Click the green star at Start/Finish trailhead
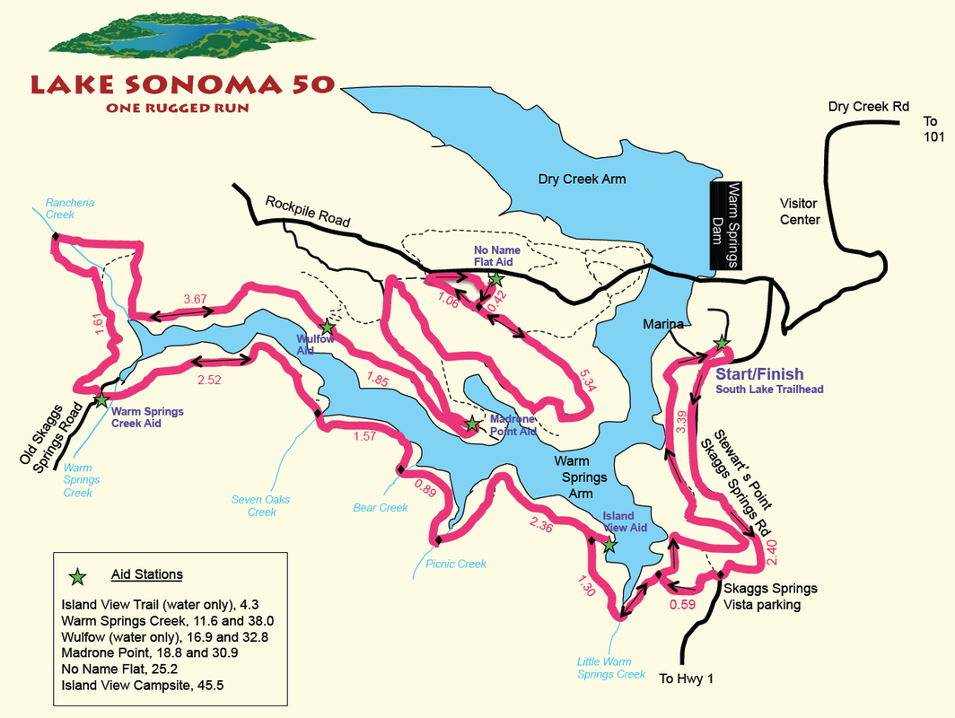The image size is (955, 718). pyautogui.click(x=721, y=343)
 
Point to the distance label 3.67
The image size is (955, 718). pyautogui.click(x=195, y=299)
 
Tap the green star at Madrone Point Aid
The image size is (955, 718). pyautogui.click(x=472, y=424)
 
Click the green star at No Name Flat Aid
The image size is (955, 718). pyautogui.click(x=496, y=280)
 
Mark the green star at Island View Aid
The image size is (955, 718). pyautogui.click(x=609, y=545)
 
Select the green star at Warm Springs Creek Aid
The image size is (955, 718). pyautogui.click(x=101, y=399)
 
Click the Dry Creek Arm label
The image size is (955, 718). pyautogui.click(x=582, y=179)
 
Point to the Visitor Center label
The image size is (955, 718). pyautogui.click(x=799, y=211)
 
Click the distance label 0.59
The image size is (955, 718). pyautogui.click(x=683, y=604)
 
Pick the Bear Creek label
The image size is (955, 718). pyautogui.click(x=381, y=508)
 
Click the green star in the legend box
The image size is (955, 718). pyautogui.click(x=78, y=574)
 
